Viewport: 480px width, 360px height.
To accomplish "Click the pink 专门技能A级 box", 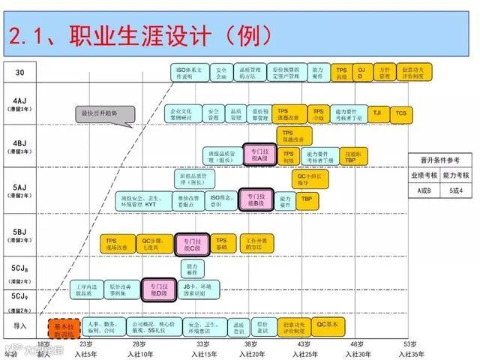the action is coord(256,155).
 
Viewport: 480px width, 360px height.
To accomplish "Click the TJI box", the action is coord(376,113).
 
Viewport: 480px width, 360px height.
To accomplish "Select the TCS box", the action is coord(401,113).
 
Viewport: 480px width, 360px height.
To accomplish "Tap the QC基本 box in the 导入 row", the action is coord(328,324).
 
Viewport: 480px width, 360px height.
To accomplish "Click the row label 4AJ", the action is coord(21,103).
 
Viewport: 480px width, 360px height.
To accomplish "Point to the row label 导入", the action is coord(21,326).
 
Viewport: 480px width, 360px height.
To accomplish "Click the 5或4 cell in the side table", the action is coord(455,190).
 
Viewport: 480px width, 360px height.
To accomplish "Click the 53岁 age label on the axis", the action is coord(409,344).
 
